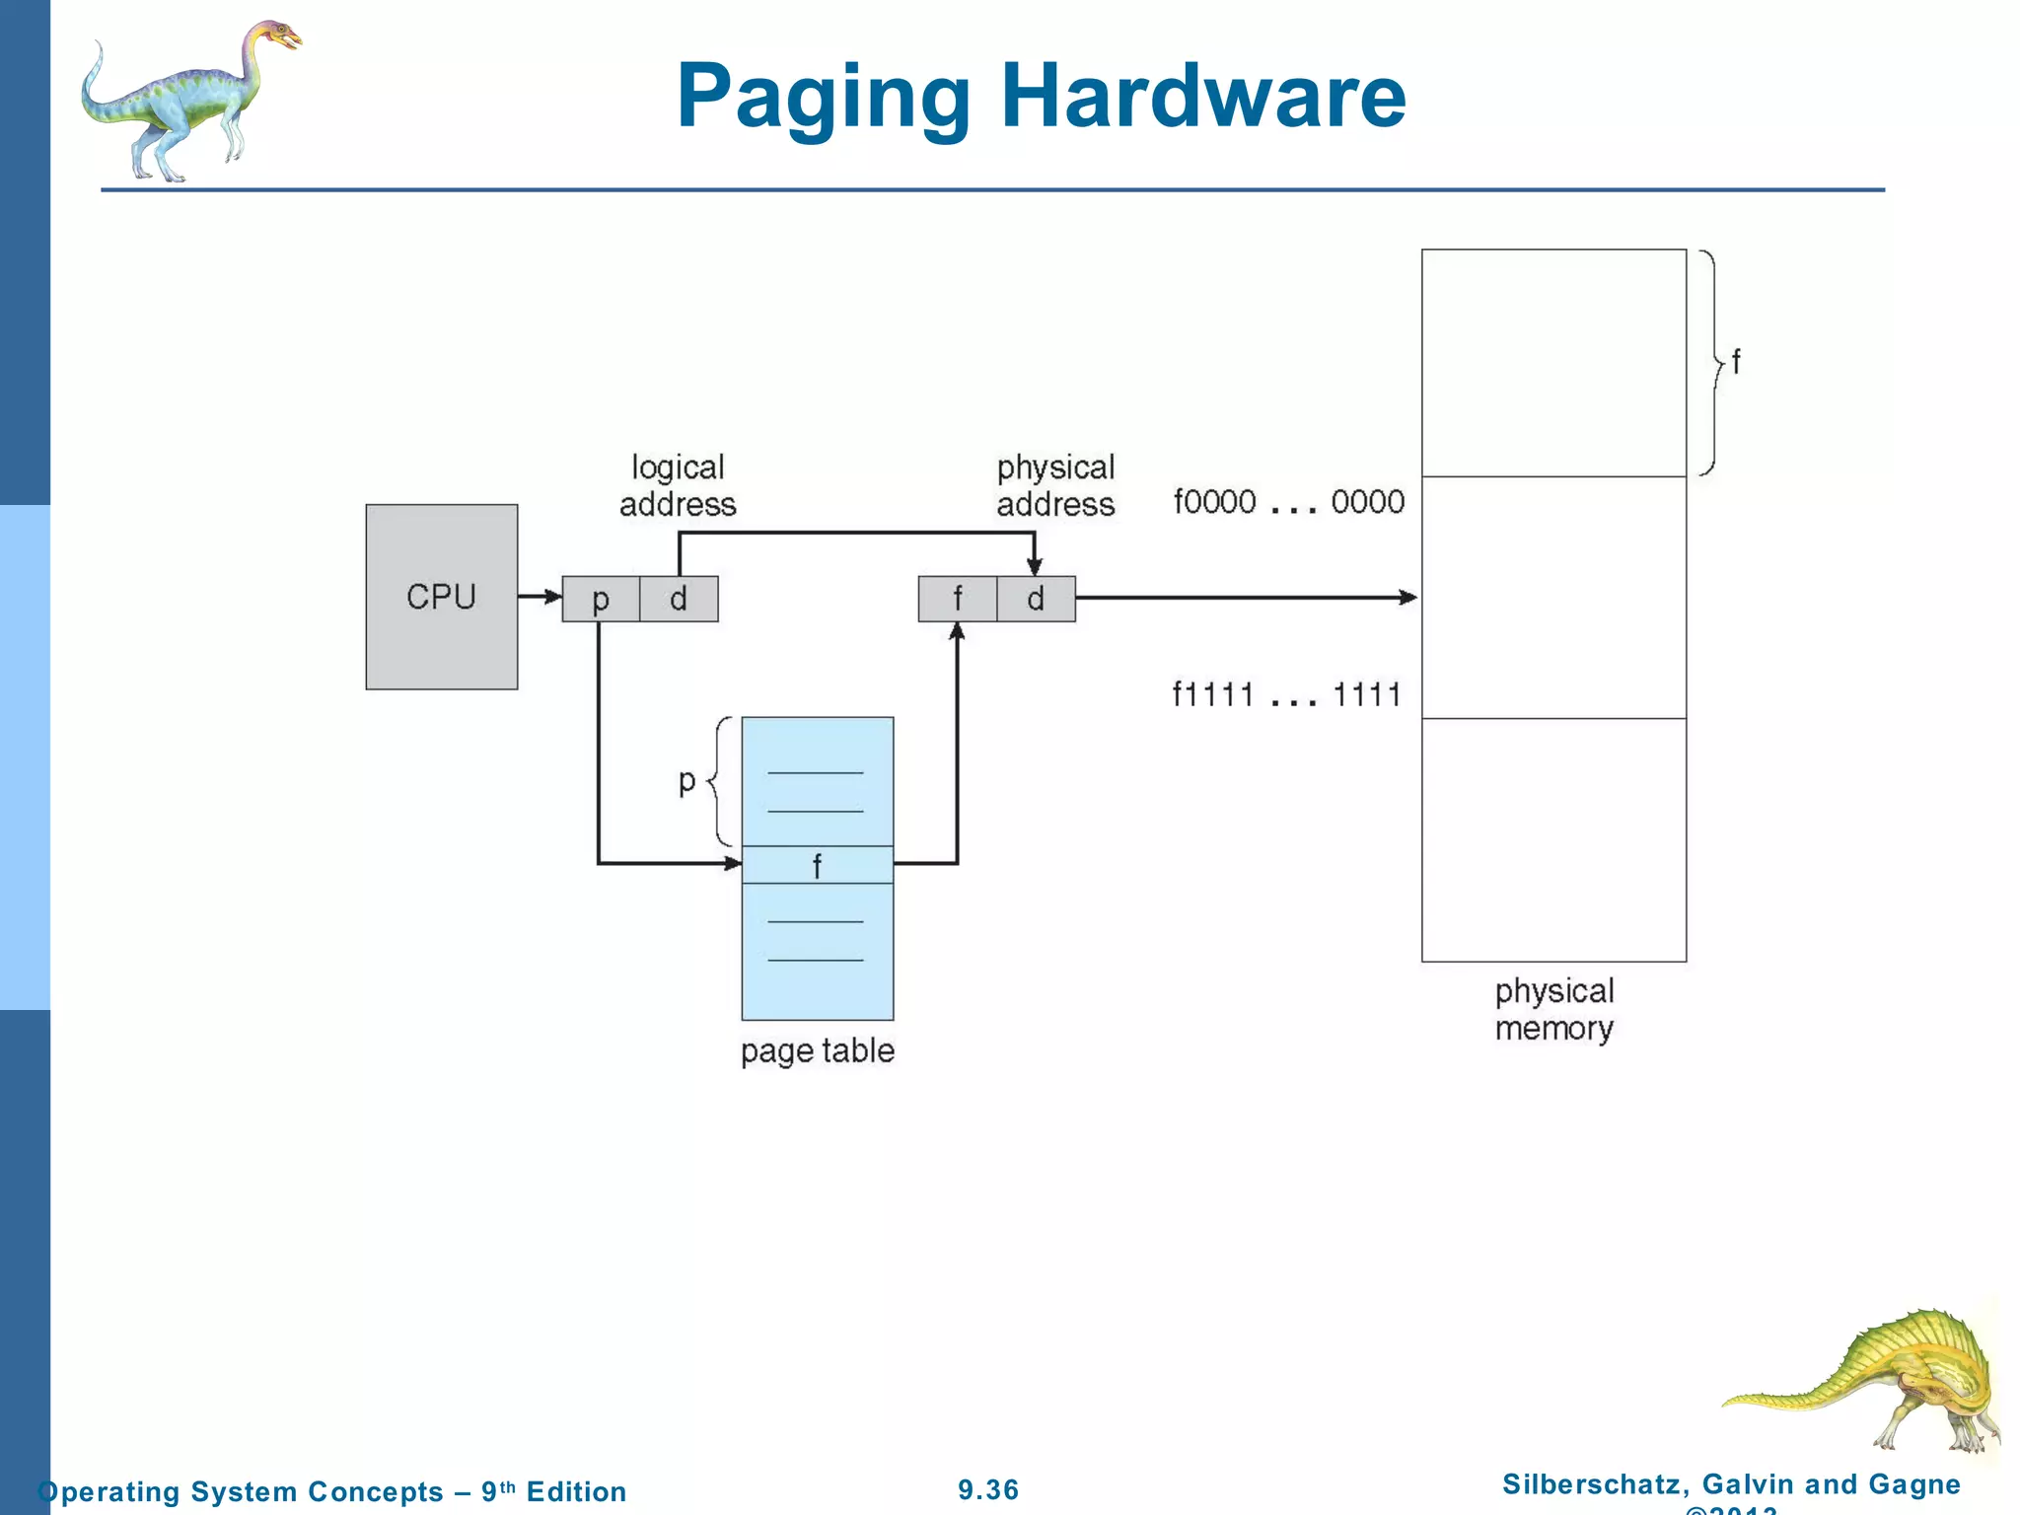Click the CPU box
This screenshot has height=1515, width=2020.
[x=441, y=597]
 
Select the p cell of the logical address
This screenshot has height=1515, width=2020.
[x=601, y=599]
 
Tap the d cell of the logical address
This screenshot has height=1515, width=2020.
[x=679, y=599]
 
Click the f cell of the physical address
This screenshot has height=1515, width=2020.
[x=957, y=599]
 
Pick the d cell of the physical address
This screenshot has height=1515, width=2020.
[x=1036, y=599]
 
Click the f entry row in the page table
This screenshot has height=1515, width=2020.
[x=817, y=865]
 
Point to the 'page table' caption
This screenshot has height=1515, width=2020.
[x=818, y=1050]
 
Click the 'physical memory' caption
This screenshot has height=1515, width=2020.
[x=1553, y=1009]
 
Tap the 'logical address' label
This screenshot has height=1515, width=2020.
[x=678, y=485]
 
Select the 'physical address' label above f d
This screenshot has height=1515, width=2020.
[x=1055, y=485]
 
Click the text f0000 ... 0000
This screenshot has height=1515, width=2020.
[x=1288, y=502]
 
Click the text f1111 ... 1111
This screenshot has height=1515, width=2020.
[x=1286, y=695]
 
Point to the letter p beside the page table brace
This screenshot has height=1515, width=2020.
[x=687, y=781]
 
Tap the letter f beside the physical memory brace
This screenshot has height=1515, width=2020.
[x=1736, y=362]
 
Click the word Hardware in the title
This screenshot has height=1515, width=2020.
[x=1202, y=96]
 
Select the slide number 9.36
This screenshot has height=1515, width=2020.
[x=988, y=1489]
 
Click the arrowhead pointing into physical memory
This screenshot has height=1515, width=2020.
[x=1409, y=597]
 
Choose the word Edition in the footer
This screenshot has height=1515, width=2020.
[x=576, y=1491]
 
